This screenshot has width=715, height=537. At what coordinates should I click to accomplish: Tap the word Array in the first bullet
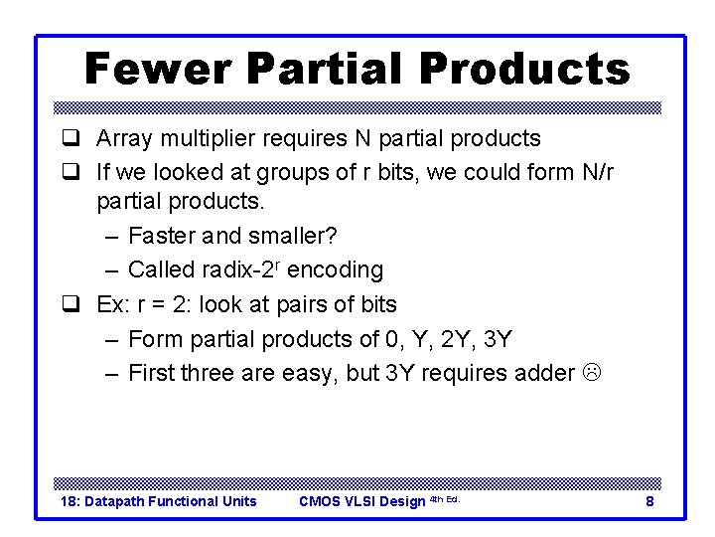[x=123, y=138]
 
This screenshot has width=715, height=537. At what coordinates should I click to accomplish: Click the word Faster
[x=162, y=236]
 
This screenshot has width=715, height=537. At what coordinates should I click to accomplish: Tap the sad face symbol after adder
[x=592, y=374]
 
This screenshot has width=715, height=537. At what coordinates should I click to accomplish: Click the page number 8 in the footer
[x=649, y=501]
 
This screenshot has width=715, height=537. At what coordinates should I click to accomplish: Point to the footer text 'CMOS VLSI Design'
[x=361, y=501]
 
